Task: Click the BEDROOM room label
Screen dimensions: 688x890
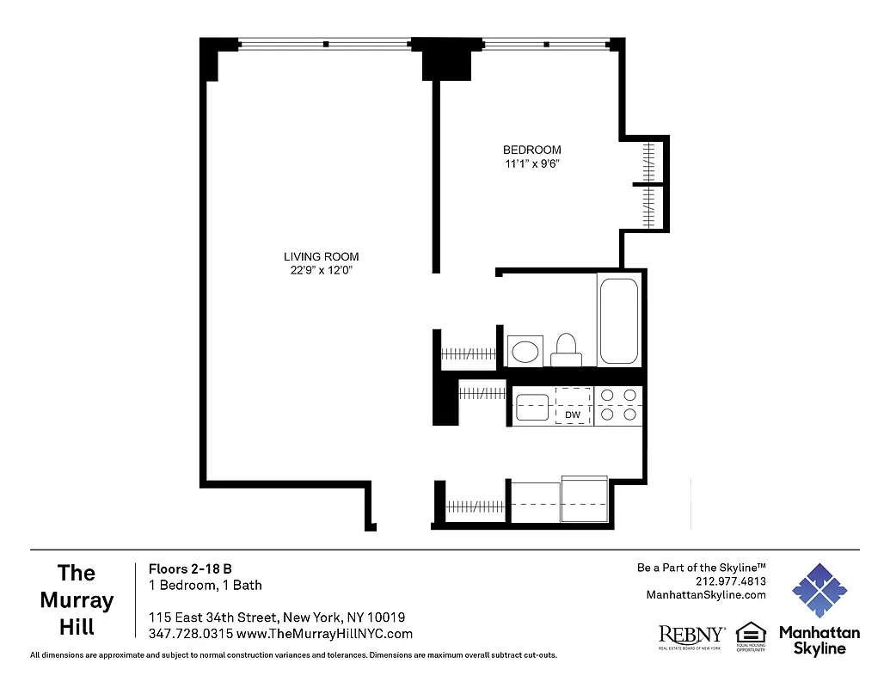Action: coord(531,150)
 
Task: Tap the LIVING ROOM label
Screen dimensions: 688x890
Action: coord(321,256)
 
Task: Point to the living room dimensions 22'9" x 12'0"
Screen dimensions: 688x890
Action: coord(321,270)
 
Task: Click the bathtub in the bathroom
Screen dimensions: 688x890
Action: coord(618,320)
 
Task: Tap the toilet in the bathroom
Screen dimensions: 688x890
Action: coord(565,349)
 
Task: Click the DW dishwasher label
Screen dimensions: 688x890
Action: coord(573,415)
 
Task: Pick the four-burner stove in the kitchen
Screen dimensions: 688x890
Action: coord(618,405)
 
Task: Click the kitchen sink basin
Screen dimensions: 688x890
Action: coord(532,406)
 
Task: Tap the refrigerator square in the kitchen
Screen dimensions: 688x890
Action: coord(584,499)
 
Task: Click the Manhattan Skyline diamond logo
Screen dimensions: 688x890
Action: coord(819,592)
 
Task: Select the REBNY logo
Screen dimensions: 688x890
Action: coord(691,635)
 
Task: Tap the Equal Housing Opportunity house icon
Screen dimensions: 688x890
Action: coord(750,632)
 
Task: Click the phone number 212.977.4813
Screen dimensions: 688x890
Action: coord(731,581)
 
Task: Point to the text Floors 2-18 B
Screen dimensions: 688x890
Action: coord(190,568)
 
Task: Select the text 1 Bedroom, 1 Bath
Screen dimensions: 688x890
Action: coord(206,585)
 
